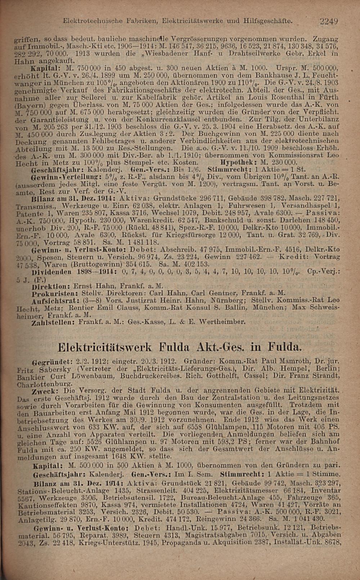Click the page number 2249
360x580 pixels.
point(329,21)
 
